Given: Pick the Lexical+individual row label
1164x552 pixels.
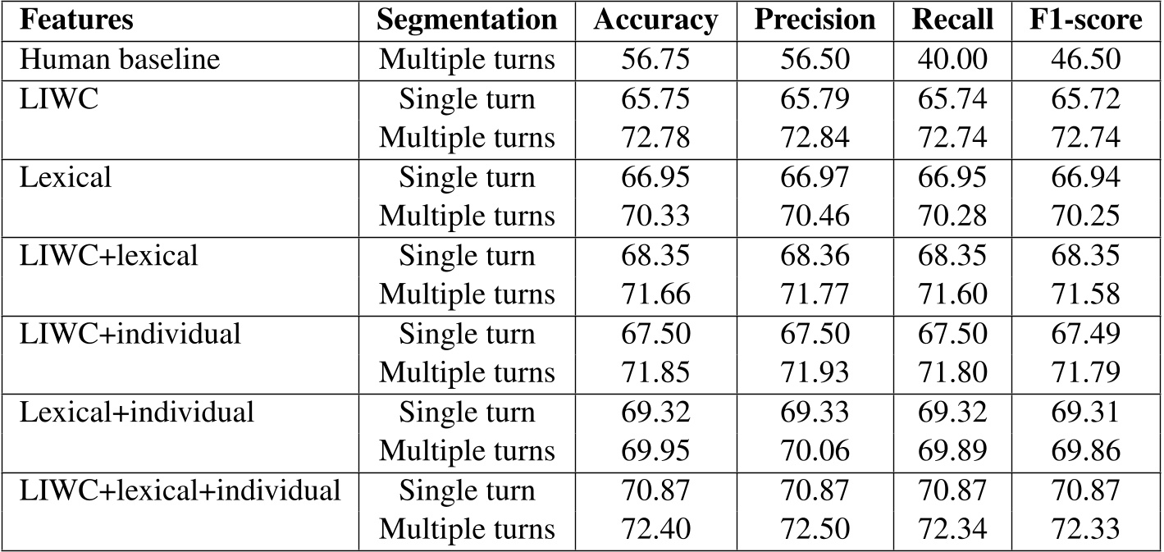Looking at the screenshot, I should click(138, 413).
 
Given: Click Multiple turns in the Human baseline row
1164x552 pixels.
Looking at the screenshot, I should click(466, 61).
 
